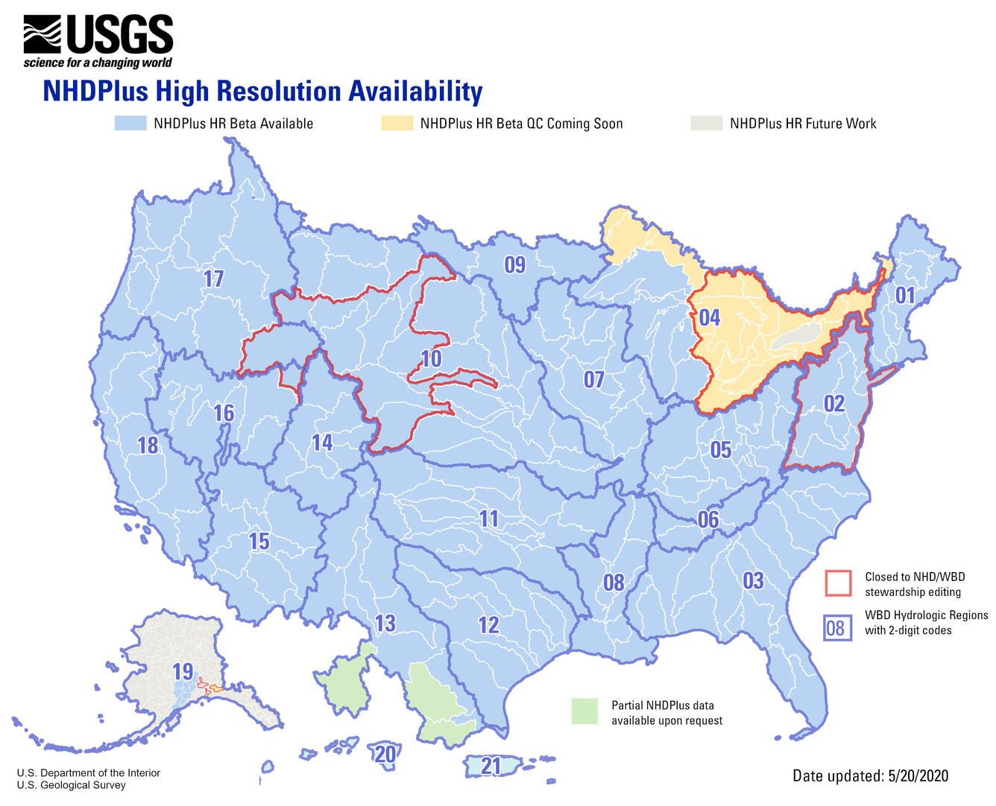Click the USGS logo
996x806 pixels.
click(x=98, y=42)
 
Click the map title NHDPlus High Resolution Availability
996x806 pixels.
click(x=262, y=92)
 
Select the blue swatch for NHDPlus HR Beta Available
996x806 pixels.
click(x=130, y=124)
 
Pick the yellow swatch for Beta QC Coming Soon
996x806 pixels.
click(x=397, y=124)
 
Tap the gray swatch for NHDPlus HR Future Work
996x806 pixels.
click(x=706, y=124)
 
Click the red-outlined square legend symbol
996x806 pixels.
click(x=838, y=583)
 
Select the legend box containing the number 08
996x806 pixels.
click(x=836, y=628)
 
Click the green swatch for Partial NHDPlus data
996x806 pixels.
click(x=584, y=711)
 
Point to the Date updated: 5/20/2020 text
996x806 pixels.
click(x=870, y=776)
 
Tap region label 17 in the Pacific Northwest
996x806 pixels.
click(x=213, y=279)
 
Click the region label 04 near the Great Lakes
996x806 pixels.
click(x=709, y=318)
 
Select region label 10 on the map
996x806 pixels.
click(x=431, y=359)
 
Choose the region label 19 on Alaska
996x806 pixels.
click(x=183, y=671)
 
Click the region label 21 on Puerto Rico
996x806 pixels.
click(x=491, y=766)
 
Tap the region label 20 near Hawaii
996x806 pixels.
click(x=385, y=754)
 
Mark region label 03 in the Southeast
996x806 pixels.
click(x=753, y=580)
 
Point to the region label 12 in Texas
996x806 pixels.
click(x=488, y=625)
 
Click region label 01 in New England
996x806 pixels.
click(x=904, y=296)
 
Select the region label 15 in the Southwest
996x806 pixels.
click(x=259, y=542)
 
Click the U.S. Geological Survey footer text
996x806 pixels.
click(x=71, y=785)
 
